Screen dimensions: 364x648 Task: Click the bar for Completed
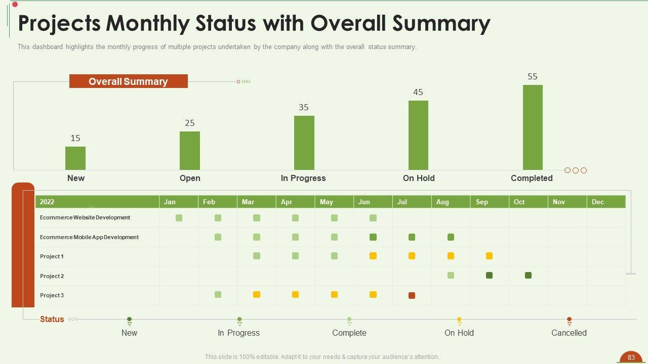point(533,127)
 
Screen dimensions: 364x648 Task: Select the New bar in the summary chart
point(75,158)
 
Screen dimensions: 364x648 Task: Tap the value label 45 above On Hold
point(418,92)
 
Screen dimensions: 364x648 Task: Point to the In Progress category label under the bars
point(303,178)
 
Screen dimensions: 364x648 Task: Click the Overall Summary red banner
point(128,81)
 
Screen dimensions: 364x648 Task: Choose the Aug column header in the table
point(442,202)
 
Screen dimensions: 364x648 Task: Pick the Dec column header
point(598,202)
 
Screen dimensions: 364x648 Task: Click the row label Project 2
point(52,276)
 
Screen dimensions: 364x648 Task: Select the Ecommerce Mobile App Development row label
point(89,237)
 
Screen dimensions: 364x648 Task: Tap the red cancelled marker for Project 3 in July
point(412,295)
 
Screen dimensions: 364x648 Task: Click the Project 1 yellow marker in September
point(489,256)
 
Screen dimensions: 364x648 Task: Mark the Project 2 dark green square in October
point(528,276)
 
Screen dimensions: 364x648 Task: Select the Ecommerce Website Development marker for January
point(179,218)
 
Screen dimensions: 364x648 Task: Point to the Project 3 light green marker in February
point(218,295)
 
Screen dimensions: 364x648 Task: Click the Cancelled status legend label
point(569,333)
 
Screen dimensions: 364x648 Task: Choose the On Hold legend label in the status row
point(459,333)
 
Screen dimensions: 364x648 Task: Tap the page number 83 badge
point(631,357)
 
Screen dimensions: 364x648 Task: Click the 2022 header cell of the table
point(47,202)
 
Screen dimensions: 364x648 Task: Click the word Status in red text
point(52,319)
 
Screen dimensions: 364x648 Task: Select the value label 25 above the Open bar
point(190,123)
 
